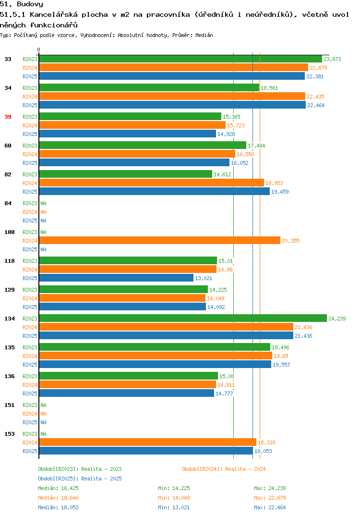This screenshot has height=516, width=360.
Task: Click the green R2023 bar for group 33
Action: pos(180,59)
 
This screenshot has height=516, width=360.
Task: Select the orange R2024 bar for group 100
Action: pos(160,241)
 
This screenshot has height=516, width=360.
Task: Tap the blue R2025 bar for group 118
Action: pos(116,278)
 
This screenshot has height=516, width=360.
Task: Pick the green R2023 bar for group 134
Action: pos(183,318)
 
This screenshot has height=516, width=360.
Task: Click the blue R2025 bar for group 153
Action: pos(146,451)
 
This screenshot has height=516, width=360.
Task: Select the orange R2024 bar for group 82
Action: pos(152,183)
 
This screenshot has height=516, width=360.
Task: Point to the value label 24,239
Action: pos(337,319)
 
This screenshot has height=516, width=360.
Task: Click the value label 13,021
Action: pos(204,278)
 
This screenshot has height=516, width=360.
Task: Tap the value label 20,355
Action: pos(290,241)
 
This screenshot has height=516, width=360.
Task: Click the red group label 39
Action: pos(8,117)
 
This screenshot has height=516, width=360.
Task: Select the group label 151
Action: pos(10,405)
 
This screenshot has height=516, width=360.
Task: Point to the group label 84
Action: pos(8,203)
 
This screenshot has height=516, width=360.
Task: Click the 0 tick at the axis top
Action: pos(39,49)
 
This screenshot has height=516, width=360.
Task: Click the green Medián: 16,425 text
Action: pos(58,488)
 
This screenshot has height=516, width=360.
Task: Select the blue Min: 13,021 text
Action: pos(174,507)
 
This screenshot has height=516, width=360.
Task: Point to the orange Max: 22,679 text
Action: pos(270,498)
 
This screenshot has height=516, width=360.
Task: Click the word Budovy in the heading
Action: pos(30,4)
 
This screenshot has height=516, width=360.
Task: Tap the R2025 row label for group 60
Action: pos(30,163)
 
